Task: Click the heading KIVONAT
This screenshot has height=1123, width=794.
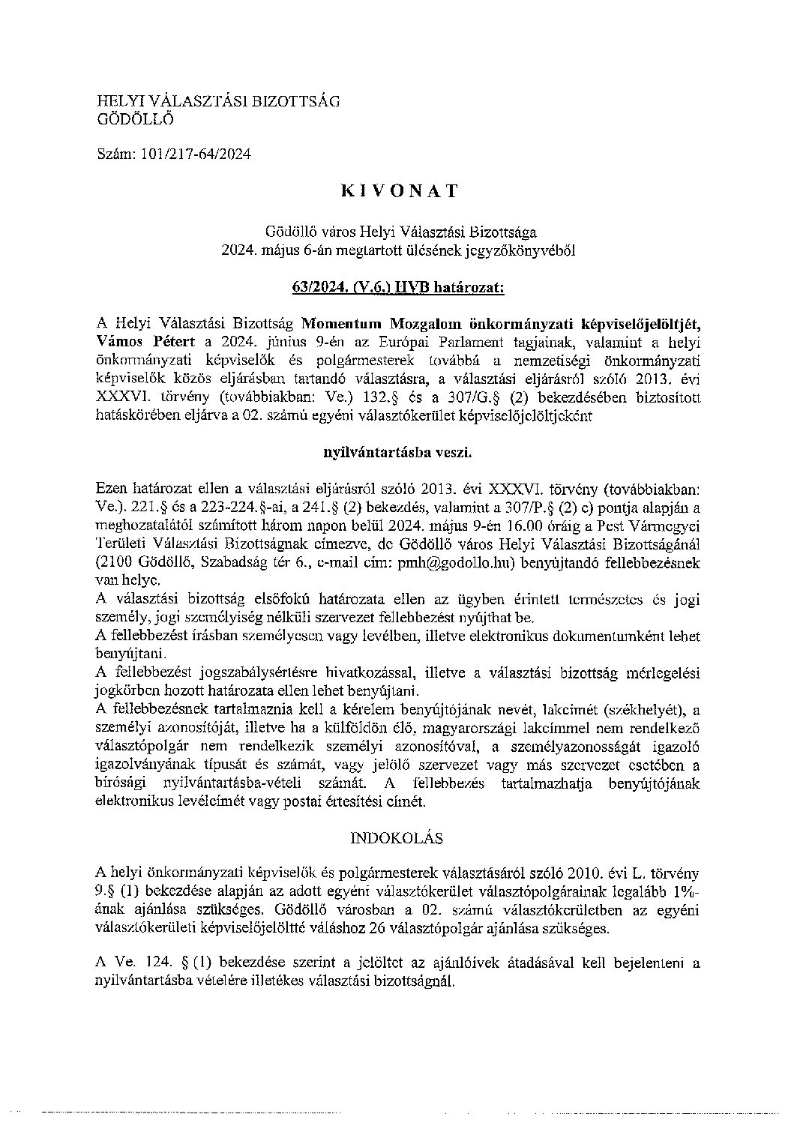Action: click(x=398, y=192)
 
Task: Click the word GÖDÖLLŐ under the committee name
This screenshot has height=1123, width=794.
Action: click(x=136, y=117)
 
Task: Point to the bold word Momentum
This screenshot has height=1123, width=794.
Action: click(x=342, y=324)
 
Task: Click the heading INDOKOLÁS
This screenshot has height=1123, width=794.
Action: click(x=397, y=837)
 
